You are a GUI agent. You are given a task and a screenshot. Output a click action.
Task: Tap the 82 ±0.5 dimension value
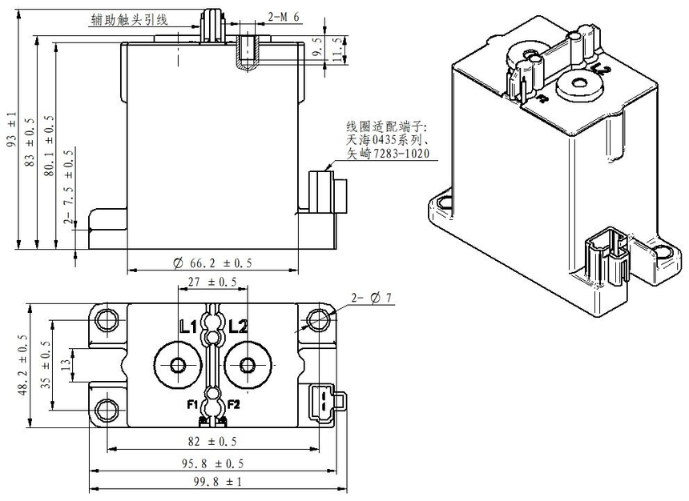click(x=212, y=442)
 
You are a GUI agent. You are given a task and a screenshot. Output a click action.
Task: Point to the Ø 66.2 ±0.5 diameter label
click(x=212, y=263)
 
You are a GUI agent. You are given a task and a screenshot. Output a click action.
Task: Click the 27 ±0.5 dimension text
click(x=212, y=282)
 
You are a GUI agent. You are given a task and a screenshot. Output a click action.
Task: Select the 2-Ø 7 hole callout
click(x=370, y=298)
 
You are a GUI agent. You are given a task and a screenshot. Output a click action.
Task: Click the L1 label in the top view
click(x=188, y=327)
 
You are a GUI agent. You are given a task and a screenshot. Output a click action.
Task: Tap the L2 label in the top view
click(x=238, y=327)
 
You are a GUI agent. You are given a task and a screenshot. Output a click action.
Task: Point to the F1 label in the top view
click(x=192, y=403)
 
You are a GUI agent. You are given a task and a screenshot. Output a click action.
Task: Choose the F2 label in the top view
click(x=233, y=403)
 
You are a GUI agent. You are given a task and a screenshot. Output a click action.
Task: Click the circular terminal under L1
click(x=178, y=365)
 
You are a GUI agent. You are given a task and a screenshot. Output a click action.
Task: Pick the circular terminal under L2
click(x=247, y=365)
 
